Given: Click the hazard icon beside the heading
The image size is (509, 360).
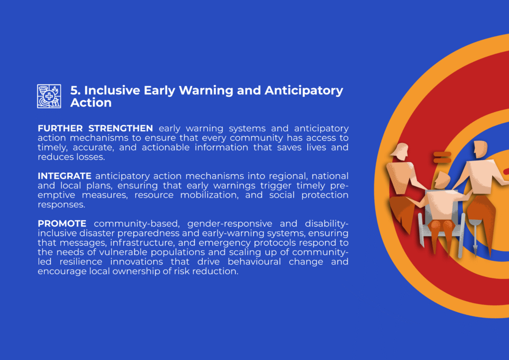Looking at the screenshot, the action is tap(49, 96).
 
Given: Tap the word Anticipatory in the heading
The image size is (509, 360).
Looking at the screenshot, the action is tap(304, 90).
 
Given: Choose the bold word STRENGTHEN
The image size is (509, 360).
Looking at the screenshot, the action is tap(121, 128).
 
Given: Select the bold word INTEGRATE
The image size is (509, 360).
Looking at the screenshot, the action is tap(65, 176).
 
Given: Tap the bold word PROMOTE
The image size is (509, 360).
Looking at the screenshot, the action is tap(62, 224).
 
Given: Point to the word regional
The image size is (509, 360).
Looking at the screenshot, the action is tap(288, 176).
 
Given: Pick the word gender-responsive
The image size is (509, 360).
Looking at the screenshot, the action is tap(230, 224).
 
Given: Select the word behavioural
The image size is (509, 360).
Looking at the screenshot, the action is tap(254, 262).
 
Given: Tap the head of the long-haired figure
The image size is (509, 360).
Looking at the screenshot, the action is tap(401, 151).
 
